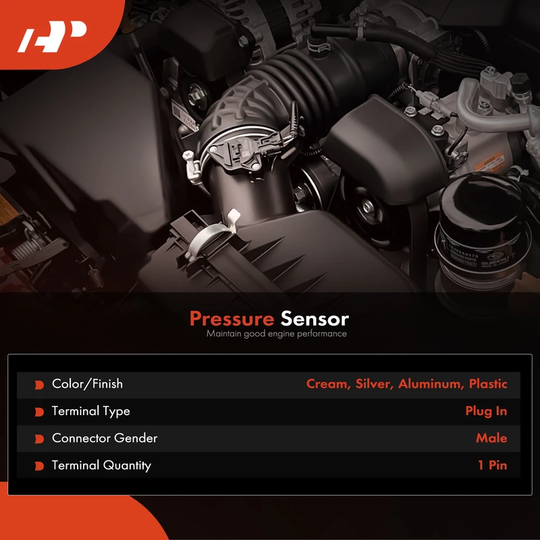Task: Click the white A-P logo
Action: pyautogui.click(x=52, y=36)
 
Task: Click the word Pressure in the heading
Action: pyautogui.click(x=232, y=319)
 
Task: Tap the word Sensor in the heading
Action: pyautogui.click(x=315, y=319)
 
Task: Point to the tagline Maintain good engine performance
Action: pyautogui.click(x=277, y=333)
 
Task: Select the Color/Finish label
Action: pyautogui.click(x=87, y=383)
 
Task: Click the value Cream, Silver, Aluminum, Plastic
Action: pyautogui.click(x=406, y=383)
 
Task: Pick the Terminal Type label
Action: pyautogui.click(x=91, y=411)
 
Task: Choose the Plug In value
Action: pyautogui.click(x=486, y=411)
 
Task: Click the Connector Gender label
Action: pyautogui.click(x=105, y=438)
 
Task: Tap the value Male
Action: pyautogui.click(x=491, y=438)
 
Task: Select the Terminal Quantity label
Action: pyautogui.click(x=102, y=466)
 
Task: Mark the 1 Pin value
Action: pyautogui.click(x=493, y=465)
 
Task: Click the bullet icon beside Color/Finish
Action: pyautogui.click(x=39, y=385)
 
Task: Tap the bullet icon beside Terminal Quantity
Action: pyautogui.click(x=39, y=466)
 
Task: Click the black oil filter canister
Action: pyautogui.click(x=482, y=234)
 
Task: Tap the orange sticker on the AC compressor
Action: pyautogui.click(x=490, y=162)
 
